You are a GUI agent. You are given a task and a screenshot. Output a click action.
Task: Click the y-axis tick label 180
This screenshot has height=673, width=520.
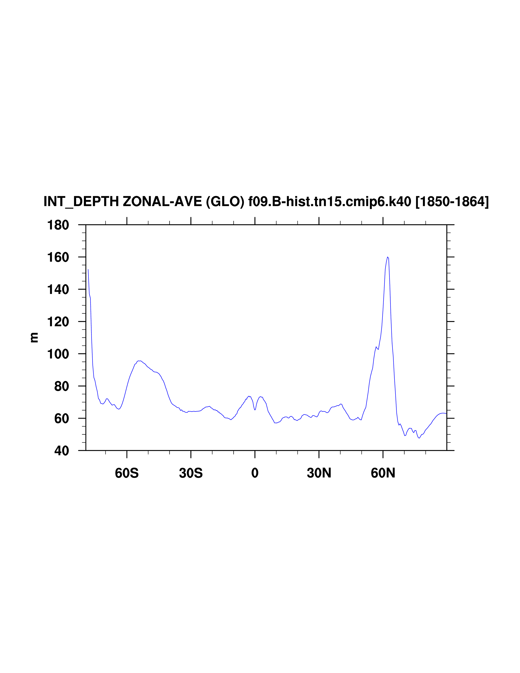coord(58,225)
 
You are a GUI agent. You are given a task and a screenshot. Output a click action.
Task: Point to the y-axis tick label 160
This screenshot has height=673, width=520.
coord(58,257)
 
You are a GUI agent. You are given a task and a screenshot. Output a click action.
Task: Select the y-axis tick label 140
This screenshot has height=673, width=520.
coord(58,290)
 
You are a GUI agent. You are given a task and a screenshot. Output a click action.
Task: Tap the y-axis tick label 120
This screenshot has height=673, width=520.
coord(58,322)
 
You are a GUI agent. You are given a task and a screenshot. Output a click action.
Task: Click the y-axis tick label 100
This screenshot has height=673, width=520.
coord(58,354)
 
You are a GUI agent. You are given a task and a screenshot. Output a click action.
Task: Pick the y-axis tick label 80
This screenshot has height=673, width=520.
coord(62,387)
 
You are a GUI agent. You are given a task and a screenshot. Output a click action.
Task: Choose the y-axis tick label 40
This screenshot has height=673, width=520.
coord(62,451)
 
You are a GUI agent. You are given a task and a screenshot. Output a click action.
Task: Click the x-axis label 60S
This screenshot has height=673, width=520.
coord(127,473)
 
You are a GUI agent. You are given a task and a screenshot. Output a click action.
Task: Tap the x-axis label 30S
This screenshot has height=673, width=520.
coord(191,473)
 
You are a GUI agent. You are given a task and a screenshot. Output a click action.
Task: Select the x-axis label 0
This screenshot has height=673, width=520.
coord(255,473)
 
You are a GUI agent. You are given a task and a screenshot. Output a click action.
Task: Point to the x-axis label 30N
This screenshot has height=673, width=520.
coord(319,473)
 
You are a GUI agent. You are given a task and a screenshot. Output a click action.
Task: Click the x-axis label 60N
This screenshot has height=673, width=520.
coord(383,473)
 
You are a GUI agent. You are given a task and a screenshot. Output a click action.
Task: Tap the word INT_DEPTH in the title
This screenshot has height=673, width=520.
coord(81,202)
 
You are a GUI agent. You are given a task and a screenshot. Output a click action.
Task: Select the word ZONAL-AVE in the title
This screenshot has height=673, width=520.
coord(162,202)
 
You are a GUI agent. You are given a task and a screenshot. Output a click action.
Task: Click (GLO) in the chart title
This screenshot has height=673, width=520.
coord(225,202)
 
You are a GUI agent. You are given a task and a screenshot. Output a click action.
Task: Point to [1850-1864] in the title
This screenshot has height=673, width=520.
coord(452,202)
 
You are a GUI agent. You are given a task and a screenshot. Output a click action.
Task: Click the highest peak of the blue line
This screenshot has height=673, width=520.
coord(388,257)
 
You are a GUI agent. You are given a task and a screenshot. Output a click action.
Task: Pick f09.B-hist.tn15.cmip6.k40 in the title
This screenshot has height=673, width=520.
coord(330,202)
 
